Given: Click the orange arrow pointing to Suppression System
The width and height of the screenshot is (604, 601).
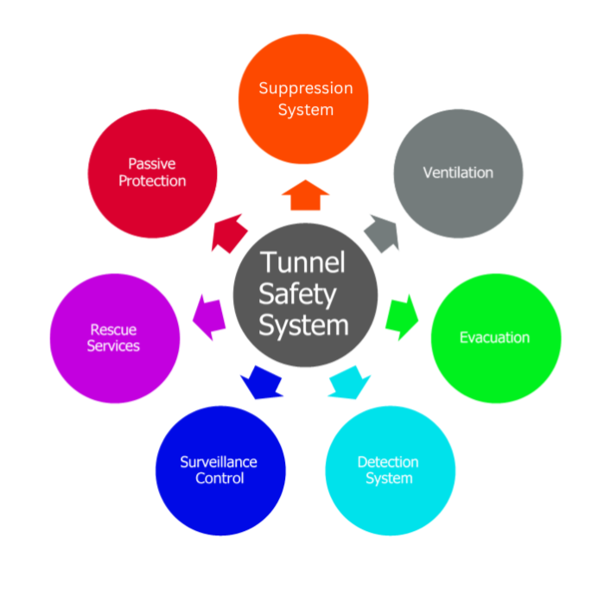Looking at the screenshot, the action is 305,196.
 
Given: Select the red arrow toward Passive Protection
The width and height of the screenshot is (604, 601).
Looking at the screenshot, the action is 228,233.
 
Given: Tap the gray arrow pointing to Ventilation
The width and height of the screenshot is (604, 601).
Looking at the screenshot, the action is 382,233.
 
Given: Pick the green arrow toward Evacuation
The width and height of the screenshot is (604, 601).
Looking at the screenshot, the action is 402,317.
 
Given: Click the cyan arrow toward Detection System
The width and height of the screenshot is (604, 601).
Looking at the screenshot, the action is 349,383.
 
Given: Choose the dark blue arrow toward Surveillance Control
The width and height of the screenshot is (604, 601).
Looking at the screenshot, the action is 262,383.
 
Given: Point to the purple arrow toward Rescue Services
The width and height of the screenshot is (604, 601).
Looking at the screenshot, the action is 209,317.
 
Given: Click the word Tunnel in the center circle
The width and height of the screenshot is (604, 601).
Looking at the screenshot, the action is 302,263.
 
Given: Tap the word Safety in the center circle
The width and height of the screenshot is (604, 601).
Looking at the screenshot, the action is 297,295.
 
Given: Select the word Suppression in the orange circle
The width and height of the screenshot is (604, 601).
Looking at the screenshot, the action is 306,89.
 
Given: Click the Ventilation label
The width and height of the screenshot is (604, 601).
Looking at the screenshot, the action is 458,173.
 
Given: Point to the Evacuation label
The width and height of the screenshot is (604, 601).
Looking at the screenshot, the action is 494,338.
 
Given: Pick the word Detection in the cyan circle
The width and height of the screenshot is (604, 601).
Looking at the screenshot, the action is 388,462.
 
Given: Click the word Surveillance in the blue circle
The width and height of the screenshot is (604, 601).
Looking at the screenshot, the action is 219,462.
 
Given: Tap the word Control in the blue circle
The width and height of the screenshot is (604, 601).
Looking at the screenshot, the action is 219,478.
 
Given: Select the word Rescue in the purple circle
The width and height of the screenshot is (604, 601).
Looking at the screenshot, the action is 113,330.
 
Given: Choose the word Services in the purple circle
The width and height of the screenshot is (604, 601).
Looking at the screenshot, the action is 113,346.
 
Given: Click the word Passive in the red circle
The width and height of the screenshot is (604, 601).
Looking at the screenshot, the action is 152,164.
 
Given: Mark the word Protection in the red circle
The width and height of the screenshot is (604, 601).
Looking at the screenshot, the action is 152,181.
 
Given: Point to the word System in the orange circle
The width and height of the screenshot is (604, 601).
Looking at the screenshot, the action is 306,111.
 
